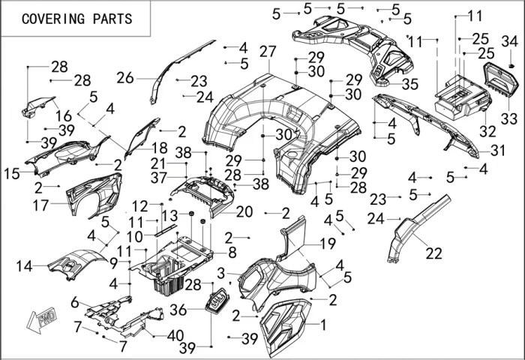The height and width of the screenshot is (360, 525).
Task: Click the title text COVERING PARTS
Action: click(76, 19)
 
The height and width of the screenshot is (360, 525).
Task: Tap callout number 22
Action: click(433, 253)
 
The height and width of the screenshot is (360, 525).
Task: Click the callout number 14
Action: click(25, 265)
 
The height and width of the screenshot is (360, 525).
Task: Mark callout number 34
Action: click(509, 40)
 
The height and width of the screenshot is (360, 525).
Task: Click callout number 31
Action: click(499, 150)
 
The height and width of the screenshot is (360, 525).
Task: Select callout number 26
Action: click(124, 77)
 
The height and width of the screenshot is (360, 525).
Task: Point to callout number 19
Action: click(328, 243)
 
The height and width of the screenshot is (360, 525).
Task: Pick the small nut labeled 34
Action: click(509, 67)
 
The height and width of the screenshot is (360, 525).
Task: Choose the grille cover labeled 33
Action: click(496, 81)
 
